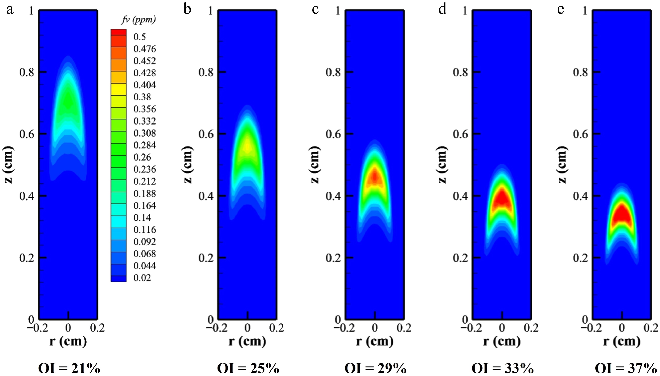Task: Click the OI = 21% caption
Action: tap(69, 368)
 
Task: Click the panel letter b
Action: tap(187, 9)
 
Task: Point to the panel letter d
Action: tap(442, 9)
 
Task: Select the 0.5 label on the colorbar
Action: tap(140, 37)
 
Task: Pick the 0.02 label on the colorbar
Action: tap(142, 278)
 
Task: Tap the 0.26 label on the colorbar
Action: tap(142, 157)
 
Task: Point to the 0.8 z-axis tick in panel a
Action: tap(27, 72)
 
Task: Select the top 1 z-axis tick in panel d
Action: tap(465, 11)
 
